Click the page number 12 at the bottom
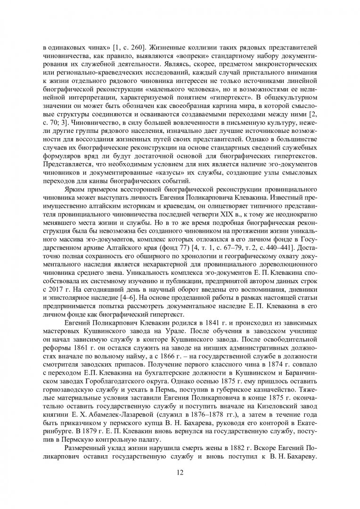[x=180, y=474]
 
